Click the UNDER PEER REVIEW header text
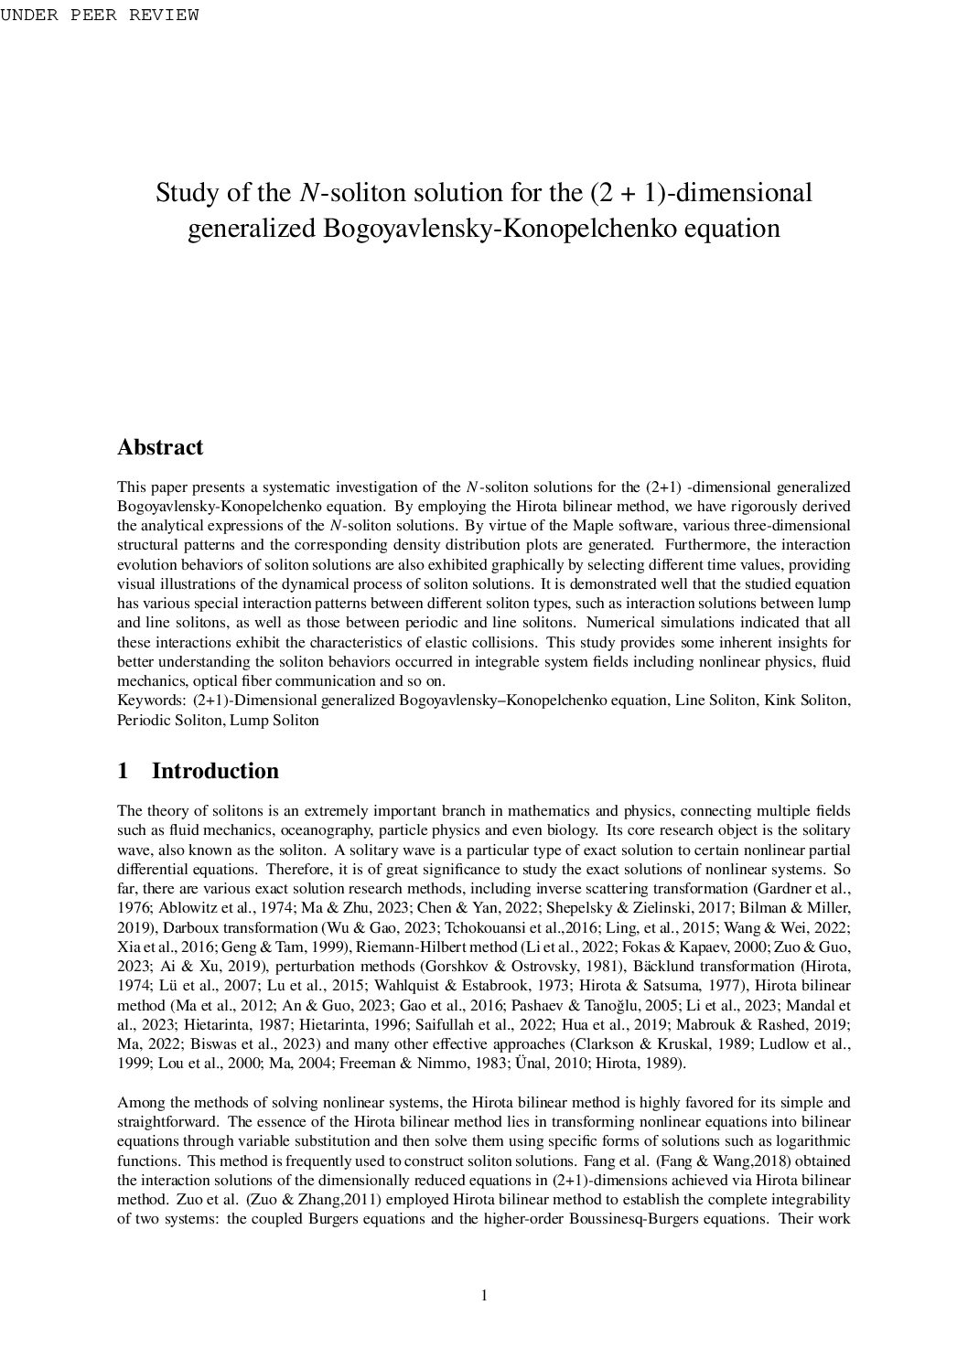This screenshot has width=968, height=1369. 99,15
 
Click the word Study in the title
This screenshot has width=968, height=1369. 184,194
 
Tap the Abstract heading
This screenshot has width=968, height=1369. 160,447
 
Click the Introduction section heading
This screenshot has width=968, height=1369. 215,771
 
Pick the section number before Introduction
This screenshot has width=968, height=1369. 124,771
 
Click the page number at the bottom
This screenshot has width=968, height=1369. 484,1295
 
